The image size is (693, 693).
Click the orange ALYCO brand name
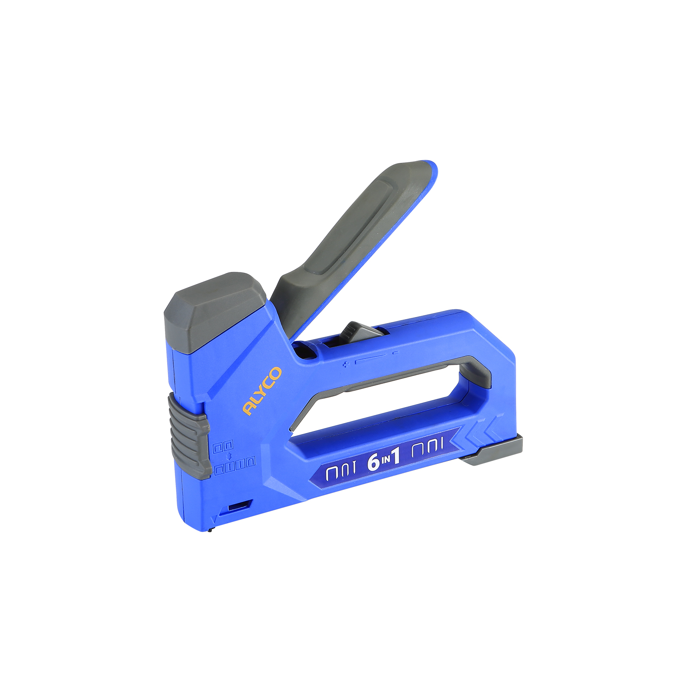262,391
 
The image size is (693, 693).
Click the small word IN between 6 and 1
385,461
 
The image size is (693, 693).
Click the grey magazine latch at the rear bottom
494,450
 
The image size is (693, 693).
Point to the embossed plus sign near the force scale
346,365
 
